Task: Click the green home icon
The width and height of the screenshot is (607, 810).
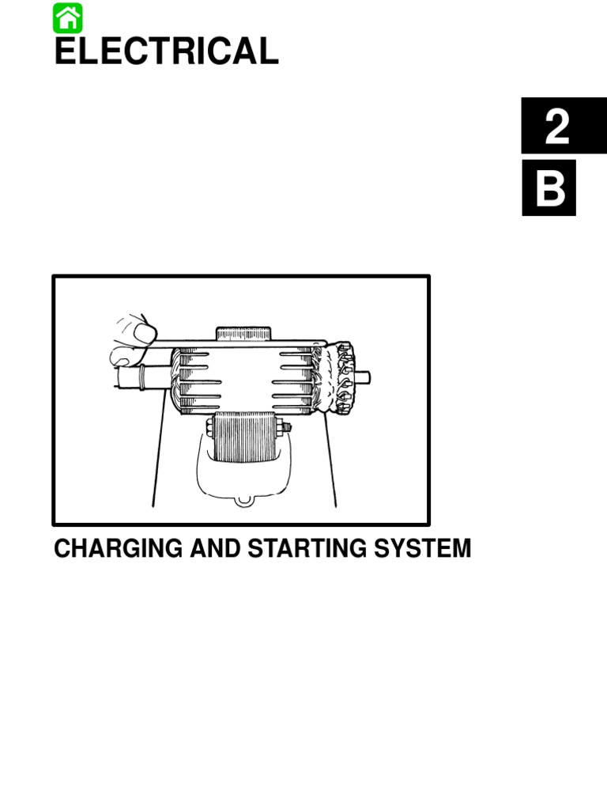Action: coord(68,17)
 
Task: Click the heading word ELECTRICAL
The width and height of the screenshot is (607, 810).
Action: coord(166,51)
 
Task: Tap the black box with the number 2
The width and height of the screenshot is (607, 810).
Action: coord(556,126)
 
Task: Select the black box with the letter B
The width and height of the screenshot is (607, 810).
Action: coord(549,188)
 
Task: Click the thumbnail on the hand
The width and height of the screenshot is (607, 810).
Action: coord(145,332)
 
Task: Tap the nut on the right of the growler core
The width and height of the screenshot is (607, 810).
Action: coord(284,428)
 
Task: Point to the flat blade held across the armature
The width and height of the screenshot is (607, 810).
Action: coord(237,343)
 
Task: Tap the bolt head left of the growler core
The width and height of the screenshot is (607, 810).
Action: coord(209,428)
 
